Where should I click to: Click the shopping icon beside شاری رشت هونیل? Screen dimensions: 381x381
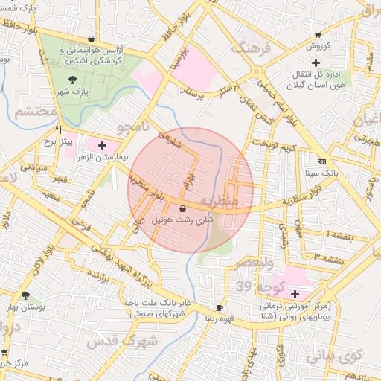coord(183,209)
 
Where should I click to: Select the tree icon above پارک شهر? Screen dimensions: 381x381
coord(71,79)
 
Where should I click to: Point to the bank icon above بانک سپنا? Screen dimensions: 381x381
coord(321,161)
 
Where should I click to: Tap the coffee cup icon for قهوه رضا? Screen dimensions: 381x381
coord(220,307)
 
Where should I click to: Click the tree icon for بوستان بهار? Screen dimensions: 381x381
coord(26,296)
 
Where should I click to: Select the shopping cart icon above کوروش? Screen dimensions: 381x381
coord(318,34)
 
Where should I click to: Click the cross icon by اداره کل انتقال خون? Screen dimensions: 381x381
coord(316,63)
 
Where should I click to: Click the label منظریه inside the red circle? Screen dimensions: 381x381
coord(239,201)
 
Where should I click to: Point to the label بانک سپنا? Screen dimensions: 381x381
coord(321,173)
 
